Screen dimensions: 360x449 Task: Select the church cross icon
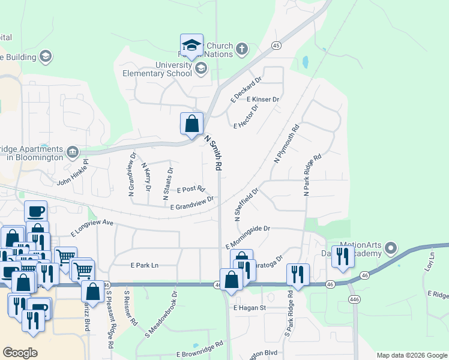[241, 49]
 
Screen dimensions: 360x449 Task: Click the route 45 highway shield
[276, 46]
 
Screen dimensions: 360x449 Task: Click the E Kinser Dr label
[263, 99]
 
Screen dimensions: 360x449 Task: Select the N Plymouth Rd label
[286, 144]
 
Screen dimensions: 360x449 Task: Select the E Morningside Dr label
[249, 237]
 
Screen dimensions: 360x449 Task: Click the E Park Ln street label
[145, 265]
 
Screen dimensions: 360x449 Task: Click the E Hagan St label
[249, 307]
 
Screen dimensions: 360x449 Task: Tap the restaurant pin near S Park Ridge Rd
[298, 274]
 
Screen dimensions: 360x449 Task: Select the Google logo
[20, 352]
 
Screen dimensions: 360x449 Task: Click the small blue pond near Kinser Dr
[306, 61]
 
